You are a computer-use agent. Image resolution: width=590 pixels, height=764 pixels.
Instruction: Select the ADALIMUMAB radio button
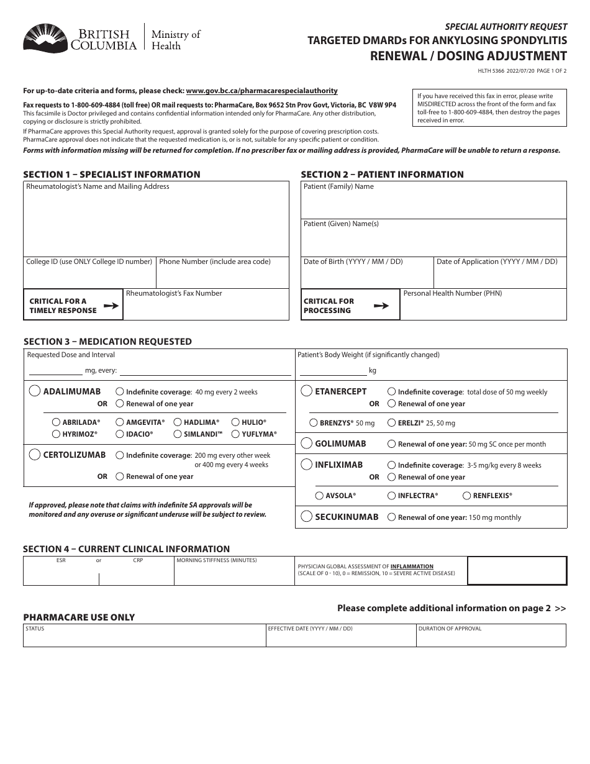(35, 391)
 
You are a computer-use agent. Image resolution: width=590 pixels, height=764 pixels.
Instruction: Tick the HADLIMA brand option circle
(178, 422)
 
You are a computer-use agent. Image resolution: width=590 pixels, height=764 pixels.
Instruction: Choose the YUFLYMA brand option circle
(235, 434)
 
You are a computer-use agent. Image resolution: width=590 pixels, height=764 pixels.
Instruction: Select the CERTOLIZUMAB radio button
(35, 455)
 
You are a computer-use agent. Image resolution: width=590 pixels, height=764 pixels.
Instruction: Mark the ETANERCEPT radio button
(306, 391)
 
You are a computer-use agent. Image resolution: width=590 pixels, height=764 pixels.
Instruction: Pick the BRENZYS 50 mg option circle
(314, 423)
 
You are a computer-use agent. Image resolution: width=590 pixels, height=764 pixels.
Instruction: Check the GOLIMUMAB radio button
(306, 443)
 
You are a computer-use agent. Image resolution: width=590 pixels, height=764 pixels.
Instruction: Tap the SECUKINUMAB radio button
(306, 517)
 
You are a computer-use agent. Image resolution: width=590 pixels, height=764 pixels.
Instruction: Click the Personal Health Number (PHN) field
(483, 308)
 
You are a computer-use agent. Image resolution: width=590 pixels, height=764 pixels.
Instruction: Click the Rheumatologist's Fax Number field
(206, 308)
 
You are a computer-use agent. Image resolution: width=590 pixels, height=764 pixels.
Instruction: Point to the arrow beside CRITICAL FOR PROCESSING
(381, 306)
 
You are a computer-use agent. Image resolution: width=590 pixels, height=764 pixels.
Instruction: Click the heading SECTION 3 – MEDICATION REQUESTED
(107, 342)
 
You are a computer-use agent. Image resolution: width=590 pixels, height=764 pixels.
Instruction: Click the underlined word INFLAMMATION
(412, 566)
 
